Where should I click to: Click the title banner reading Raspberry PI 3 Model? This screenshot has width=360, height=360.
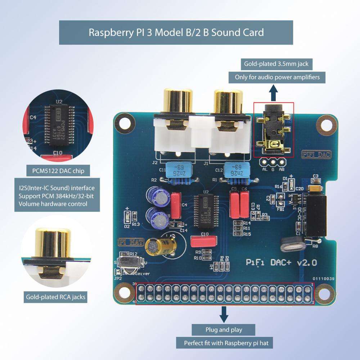176,32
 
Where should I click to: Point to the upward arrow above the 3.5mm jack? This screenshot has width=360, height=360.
274,93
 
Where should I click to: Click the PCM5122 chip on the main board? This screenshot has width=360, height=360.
205,211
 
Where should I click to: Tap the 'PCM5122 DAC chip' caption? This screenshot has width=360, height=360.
55,171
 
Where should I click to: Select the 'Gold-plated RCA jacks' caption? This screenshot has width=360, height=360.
55,297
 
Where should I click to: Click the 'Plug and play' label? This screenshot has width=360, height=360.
224,330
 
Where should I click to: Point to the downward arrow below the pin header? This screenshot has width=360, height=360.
224,315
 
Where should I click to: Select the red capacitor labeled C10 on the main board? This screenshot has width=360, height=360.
204,240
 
